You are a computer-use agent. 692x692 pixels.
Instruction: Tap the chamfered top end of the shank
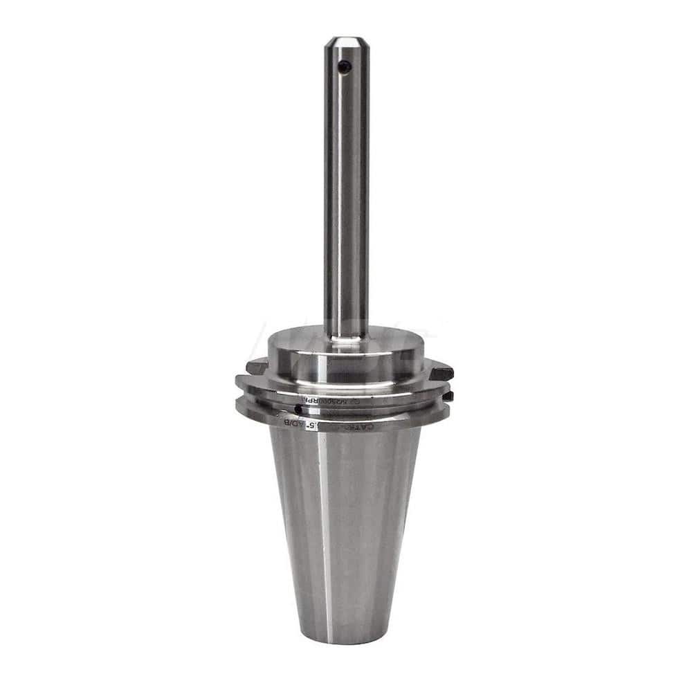pos(345,42)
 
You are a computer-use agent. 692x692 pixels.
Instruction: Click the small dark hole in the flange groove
pos(298,408)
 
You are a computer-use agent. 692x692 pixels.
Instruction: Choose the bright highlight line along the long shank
pos(336,194)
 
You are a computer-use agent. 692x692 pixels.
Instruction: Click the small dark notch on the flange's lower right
pos(448,396)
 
